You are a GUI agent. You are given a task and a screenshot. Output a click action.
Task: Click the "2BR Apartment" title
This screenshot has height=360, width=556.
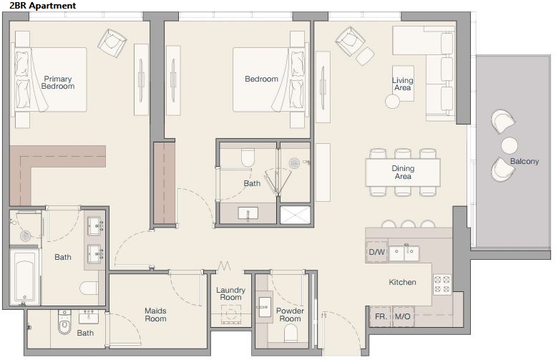pos(43,6)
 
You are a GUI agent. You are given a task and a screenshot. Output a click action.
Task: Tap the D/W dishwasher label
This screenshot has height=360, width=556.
pos(376,252)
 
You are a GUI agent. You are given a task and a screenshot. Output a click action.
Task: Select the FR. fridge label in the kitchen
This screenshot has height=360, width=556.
pos(381,316)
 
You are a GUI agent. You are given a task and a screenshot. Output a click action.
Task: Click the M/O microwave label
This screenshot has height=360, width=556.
pos(402,316)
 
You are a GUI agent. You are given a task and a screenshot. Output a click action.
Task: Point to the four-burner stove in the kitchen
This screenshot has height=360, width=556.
pos(442,284)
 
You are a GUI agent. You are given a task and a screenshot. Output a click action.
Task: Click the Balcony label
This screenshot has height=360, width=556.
pos(525,161)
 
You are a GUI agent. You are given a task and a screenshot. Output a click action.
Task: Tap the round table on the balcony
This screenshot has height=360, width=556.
pos(509,145)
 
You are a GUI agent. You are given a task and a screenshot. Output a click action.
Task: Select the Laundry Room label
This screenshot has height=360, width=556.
pos(231,293)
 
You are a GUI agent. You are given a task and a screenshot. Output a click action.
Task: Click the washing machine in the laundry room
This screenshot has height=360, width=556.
pos(231,314)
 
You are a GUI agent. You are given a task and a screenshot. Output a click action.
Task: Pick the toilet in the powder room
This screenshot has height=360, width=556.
pos(291,333)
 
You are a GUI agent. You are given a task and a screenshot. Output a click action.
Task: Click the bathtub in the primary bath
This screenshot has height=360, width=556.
pos(24,277)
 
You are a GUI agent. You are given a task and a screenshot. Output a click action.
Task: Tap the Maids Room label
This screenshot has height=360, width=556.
pos(155,315)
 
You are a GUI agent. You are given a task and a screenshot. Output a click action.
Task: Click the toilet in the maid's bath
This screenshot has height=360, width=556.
pos(64,322)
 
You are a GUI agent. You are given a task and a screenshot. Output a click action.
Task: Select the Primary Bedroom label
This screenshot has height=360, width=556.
pos(58,82)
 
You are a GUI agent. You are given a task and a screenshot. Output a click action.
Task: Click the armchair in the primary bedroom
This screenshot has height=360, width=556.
pos(112,43)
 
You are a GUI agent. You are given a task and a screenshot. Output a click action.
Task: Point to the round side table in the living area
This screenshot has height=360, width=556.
pos(393,102)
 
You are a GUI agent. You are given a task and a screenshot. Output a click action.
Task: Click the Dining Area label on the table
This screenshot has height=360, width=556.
pos(403,172)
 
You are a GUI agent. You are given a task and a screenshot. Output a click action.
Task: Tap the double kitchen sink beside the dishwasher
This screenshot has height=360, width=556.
pos(404,253)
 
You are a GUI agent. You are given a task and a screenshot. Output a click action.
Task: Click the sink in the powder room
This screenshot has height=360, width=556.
pos(264,307)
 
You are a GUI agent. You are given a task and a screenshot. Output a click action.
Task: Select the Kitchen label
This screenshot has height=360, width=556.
pos(402,282)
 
